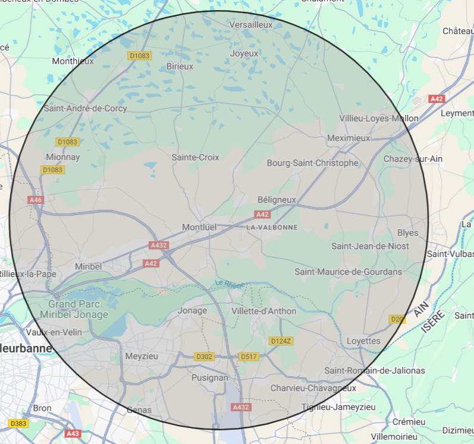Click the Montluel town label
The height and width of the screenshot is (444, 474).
[199, 227]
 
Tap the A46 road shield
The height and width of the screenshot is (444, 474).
[36, 200]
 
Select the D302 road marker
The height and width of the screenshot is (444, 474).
[204, 357]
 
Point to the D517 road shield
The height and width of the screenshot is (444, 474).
[248, 357]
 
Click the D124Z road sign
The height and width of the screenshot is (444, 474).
[281, 341]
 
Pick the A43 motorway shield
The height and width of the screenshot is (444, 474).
[73, 433]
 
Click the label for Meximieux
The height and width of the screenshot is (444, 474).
[349, 138]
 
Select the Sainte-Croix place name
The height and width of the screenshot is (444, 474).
[195, 158]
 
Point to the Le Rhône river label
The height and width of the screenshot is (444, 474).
[230, 285]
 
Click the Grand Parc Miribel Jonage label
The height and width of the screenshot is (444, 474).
[74, 310]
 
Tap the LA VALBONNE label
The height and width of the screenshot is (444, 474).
[272, 228]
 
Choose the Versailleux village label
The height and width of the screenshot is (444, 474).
[251, 25]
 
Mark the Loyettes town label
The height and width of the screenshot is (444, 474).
[363, 341]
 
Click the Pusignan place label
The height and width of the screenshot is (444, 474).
[210, 377]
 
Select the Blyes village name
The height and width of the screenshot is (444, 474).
[408, 233]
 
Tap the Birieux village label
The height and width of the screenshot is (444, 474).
[180, 67]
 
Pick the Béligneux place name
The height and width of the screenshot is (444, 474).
[277, 200]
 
